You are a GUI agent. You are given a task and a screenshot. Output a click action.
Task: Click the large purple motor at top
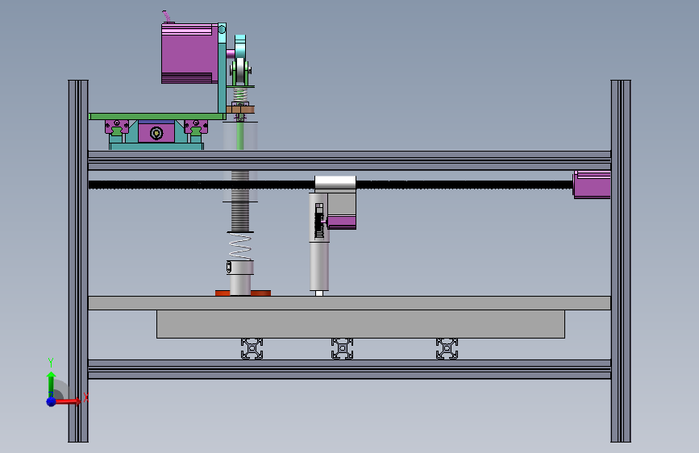189,53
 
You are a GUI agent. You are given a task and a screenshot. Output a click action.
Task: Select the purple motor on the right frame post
592,184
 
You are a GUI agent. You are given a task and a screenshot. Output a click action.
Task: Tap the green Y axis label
51,362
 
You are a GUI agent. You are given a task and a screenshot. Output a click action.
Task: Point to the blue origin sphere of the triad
52,401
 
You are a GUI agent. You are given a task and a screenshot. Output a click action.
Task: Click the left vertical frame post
78,261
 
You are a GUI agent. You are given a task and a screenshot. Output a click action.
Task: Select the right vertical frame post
621,261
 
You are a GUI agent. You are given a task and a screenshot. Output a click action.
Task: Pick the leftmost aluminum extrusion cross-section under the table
252,349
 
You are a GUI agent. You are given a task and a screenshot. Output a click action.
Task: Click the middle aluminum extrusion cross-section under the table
343,349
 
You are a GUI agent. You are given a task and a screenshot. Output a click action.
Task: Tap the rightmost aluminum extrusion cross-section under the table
447,349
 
